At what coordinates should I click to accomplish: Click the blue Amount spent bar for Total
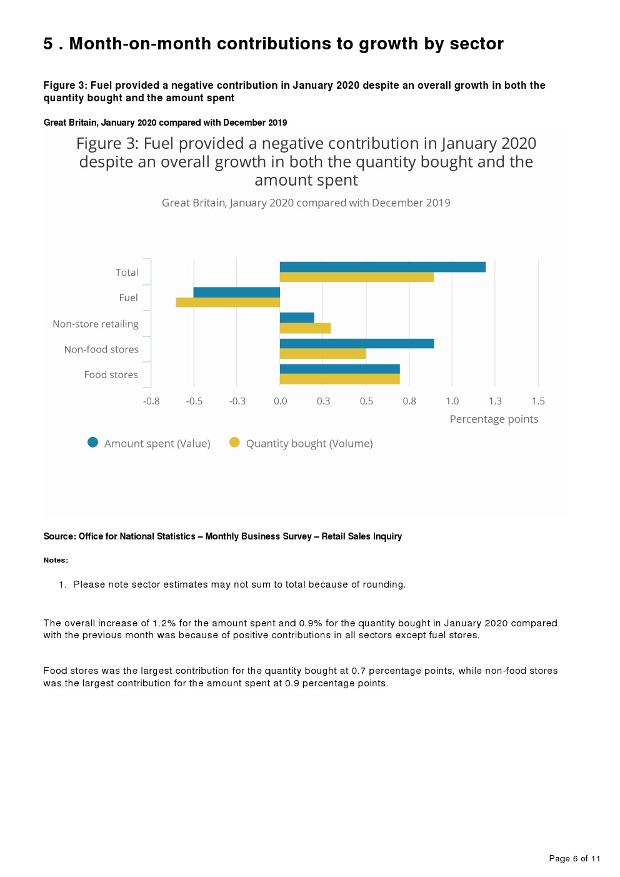382,267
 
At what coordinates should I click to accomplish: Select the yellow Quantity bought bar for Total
357,277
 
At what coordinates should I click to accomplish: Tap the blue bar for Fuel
237,292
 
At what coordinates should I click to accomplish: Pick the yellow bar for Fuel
228,303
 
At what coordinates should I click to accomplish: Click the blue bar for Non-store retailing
297,318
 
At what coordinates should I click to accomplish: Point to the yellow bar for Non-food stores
322,354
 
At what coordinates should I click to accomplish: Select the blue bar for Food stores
339,369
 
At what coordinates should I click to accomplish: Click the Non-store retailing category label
96,324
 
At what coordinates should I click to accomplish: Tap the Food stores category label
111,375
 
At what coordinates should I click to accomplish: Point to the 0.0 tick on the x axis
281,401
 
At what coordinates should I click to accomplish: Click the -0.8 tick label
151,401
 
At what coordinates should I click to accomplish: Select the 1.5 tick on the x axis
538,401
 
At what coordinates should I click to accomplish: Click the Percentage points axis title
494,419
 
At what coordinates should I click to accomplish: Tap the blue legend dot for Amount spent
93,443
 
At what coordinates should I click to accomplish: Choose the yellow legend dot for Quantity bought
234,443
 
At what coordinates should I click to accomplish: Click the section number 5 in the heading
48,44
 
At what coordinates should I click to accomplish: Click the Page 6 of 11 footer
574,858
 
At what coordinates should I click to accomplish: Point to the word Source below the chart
59,536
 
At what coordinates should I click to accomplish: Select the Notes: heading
56,560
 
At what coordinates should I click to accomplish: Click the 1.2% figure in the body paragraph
164,623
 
